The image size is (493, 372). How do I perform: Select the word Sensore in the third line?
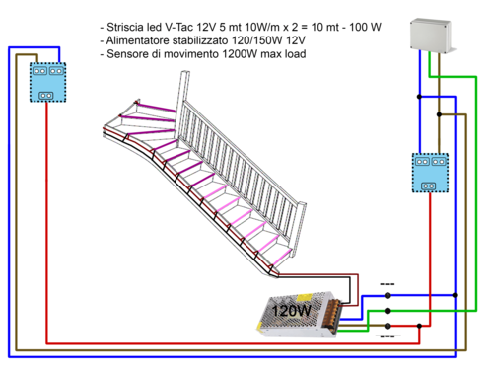pyautogui.click(x=133, y=54)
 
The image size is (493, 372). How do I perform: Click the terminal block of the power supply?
pyautogui.click(x=340, y=314)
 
